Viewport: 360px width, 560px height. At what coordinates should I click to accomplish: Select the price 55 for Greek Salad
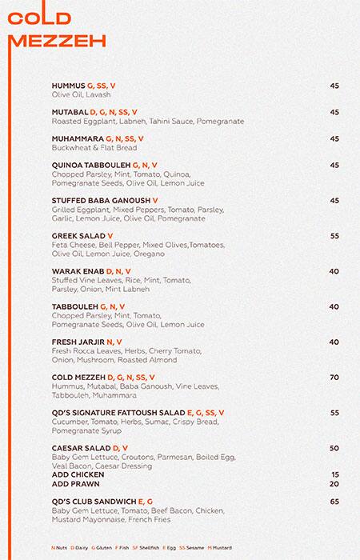[334, 236]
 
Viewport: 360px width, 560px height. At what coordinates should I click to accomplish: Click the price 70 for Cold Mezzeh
[334, 377]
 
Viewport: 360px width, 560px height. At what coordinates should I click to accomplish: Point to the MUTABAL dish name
[69, 112]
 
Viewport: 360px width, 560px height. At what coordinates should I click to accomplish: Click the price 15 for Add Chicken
[334, 474]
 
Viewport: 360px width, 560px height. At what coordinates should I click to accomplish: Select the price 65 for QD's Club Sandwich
[334, 501]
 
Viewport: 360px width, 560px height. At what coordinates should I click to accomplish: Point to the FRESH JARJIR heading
[78, 342]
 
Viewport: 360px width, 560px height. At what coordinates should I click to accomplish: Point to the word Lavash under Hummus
[98, 94]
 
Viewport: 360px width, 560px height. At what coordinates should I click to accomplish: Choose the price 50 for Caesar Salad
[334, 448]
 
